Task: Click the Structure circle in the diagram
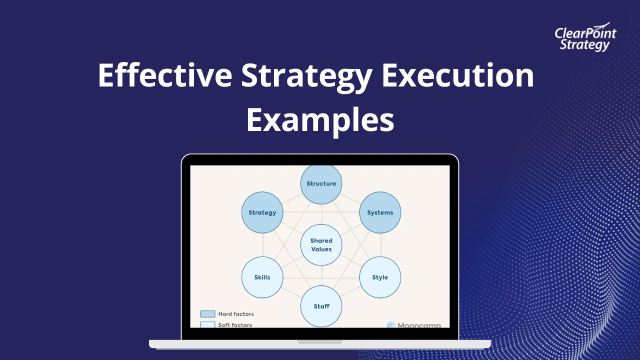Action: (321, 183)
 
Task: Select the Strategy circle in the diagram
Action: (262, 212)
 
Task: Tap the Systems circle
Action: (380, 212)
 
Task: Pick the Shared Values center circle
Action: (321, 245)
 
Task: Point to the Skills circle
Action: (262, 277)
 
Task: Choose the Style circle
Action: (380, 277)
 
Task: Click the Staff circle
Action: (321, 306)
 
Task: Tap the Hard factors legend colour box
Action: (207, 314)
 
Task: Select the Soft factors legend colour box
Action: (207, 324)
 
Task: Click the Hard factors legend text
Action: (236, 314)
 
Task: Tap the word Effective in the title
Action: (164, 75)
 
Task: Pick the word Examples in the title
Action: (320, 120)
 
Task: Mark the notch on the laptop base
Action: (320, 342)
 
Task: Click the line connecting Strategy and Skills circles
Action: (262, 245)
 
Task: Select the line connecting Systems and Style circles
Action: (380, 245)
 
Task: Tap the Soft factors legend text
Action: (235, 325)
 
